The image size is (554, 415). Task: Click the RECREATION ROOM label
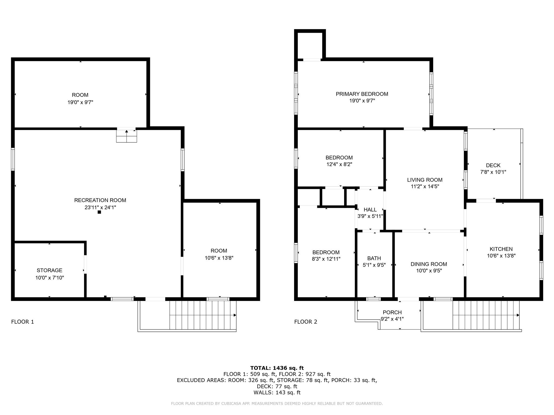(x=100, y=200)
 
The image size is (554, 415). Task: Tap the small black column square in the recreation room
(x=99, y=212)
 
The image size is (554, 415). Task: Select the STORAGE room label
(x=50, y=270)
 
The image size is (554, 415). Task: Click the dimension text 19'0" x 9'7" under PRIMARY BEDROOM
(x=362, y=101)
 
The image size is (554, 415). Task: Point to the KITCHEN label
(x=501, y=249)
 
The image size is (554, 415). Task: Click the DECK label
(x=493, y=165)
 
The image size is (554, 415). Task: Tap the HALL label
(x=370, y=210)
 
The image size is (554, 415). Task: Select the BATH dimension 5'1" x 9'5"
(x=374, y=265)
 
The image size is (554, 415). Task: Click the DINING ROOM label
(x=429, y=264)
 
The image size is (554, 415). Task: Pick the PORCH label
(x=392, y=312)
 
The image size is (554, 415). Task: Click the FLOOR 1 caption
(x=22, y=322)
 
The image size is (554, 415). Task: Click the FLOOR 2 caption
(x=306, y=322)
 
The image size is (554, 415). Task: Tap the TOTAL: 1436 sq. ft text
(x=277, y=368)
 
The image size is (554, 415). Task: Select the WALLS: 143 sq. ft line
(x=277, y=393)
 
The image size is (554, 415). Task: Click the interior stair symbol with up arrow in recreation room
(x=126, y=136)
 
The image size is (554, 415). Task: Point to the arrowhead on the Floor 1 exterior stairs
(x=235, y=315)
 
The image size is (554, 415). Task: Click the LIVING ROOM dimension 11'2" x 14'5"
(x=425, y=186)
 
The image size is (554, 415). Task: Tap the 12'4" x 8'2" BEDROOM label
(x=339, y=158)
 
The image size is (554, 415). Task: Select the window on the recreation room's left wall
(x=13, y=159)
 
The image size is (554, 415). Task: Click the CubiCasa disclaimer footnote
(x=277, y=404)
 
